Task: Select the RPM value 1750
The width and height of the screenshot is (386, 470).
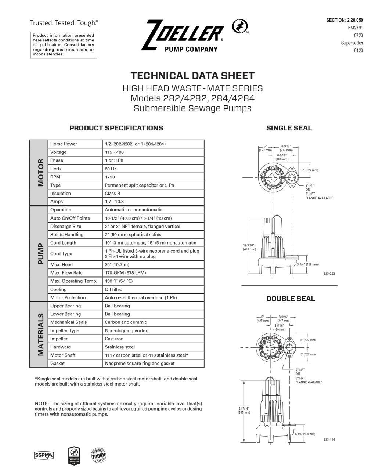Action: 110,177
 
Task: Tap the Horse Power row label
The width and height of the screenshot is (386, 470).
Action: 64,144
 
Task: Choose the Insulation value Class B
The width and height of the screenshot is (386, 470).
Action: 112,194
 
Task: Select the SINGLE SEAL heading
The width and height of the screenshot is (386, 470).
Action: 289,128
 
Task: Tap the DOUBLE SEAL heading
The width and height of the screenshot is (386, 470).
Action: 290,299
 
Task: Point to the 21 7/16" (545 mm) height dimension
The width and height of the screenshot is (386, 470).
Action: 243,410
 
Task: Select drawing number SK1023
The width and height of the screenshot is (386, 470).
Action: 329,274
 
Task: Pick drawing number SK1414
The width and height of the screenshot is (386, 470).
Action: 329,440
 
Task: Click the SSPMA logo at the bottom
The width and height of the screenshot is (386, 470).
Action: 44,456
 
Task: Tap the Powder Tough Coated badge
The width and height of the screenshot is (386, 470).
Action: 98,456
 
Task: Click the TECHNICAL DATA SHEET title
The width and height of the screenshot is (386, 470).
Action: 192,76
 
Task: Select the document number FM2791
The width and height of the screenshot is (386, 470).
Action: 355,28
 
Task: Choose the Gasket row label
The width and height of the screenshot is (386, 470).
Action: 57,364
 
